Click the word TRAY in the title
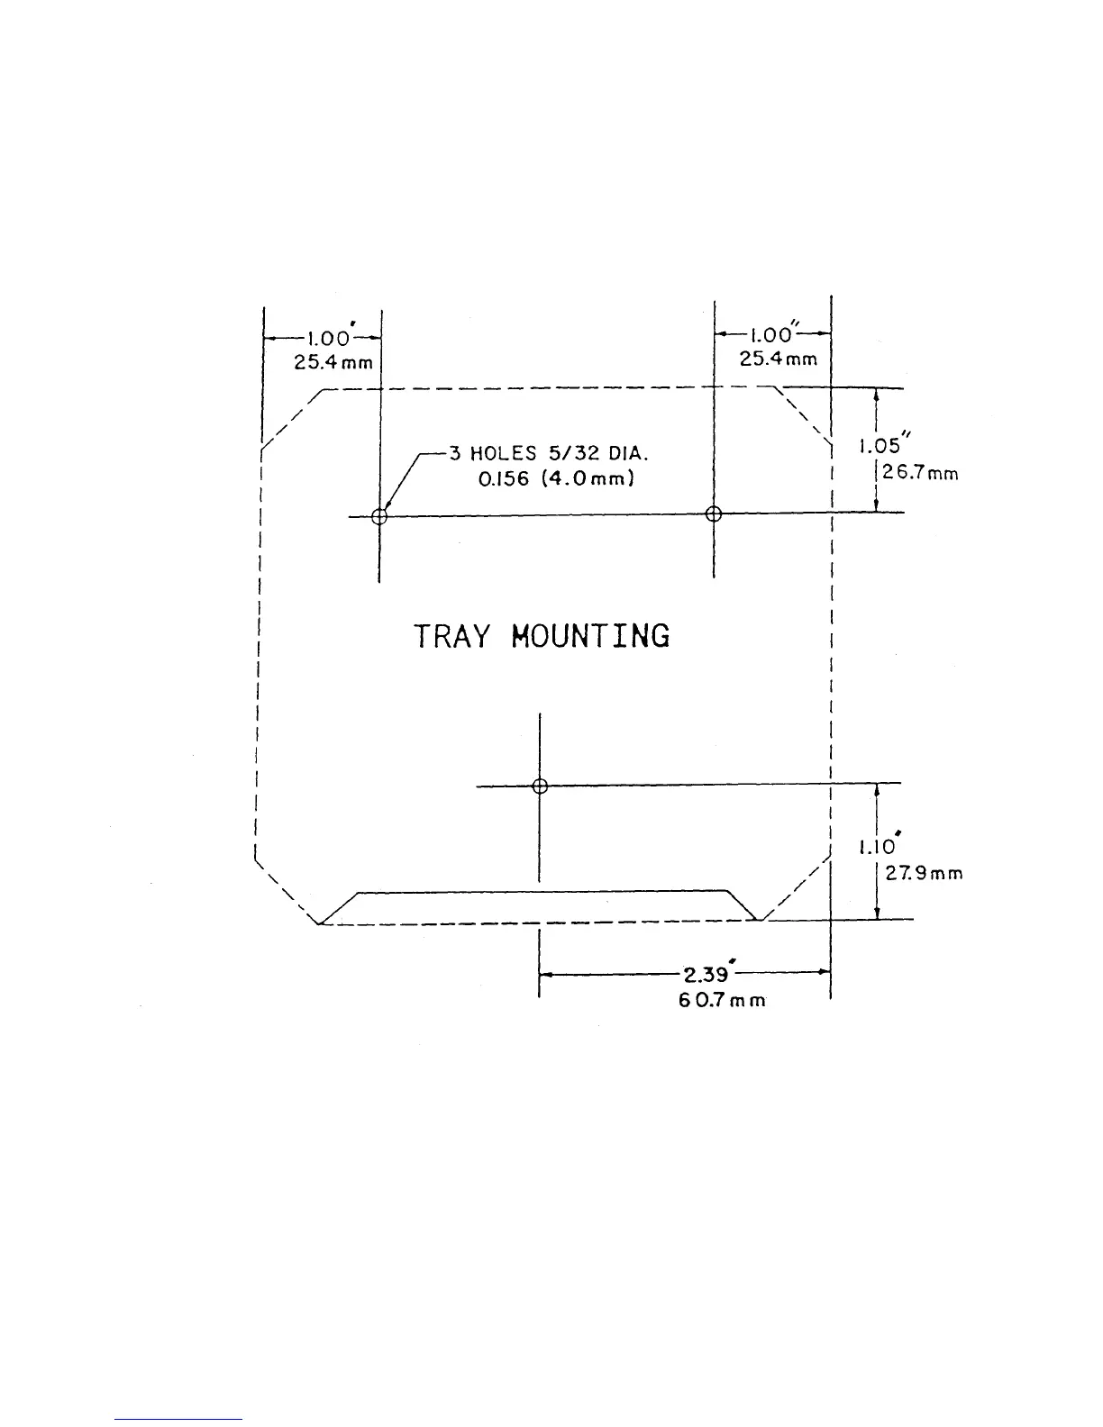coord(451,636)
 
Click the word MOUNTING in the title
coord(590,636)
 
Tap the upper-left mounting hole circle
coord(379,516)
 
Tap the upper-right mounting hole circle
coord(714,514)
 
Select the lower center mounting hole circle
coord(540,786)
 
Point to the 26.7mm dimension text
coord(919,473)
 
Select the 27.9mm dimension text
coord(924,873)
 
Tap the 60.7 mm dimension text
coord(722,1000)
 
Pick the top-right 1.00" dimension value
coord(771,335)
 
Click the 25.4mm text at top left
coord(333,363)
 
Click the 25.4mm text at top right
coord(779,359)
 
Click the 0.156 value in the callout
coord(504,479)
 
